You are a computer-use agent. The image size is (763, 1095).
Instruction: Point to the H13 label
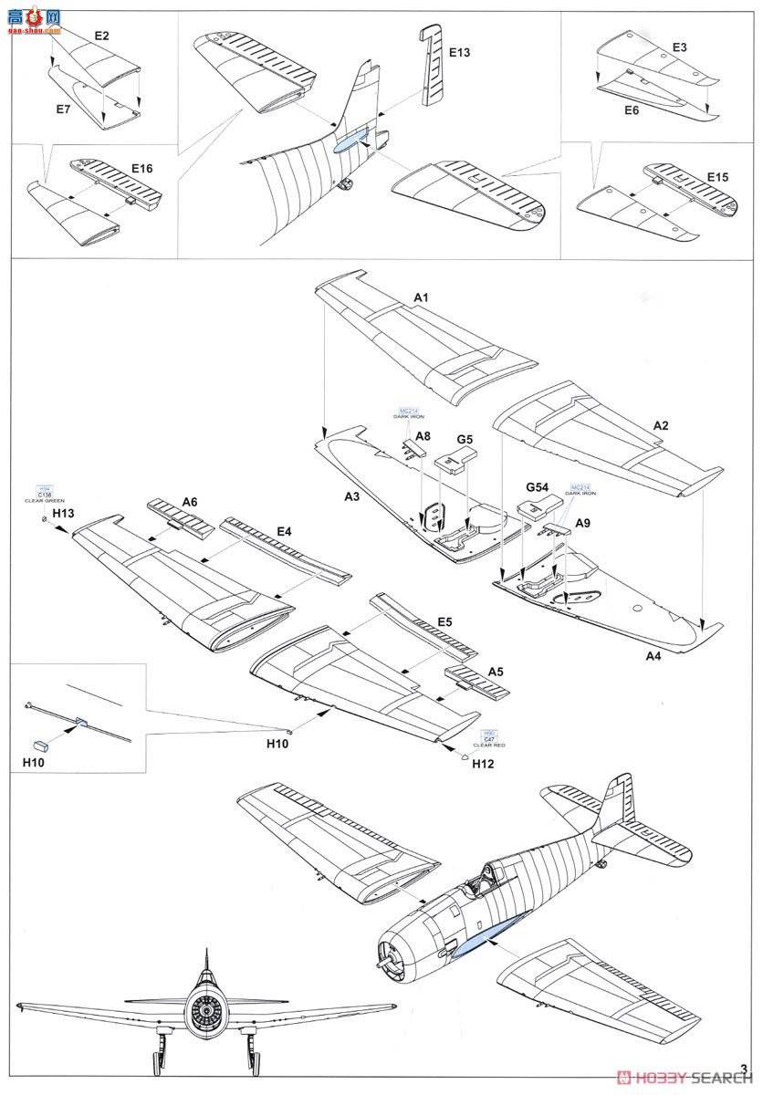click(x=63, y=515)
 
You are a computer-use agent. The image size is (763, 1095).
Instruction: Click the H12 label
click(x=483, y=763)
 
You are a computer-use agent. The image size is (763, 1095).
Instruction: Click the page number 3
click(x=745, y=1069)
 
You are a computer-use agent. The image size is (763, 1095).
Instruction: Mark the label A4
click(x=655, y=655)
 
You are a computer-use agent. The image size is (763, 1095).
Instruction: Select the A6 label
click(x=190, y=501)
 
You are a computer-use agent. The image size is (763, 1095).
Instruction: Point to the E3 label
click(x=679, y=47)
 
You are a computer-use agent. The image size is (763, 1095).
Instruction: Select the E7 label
click(x=63, y=109)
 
